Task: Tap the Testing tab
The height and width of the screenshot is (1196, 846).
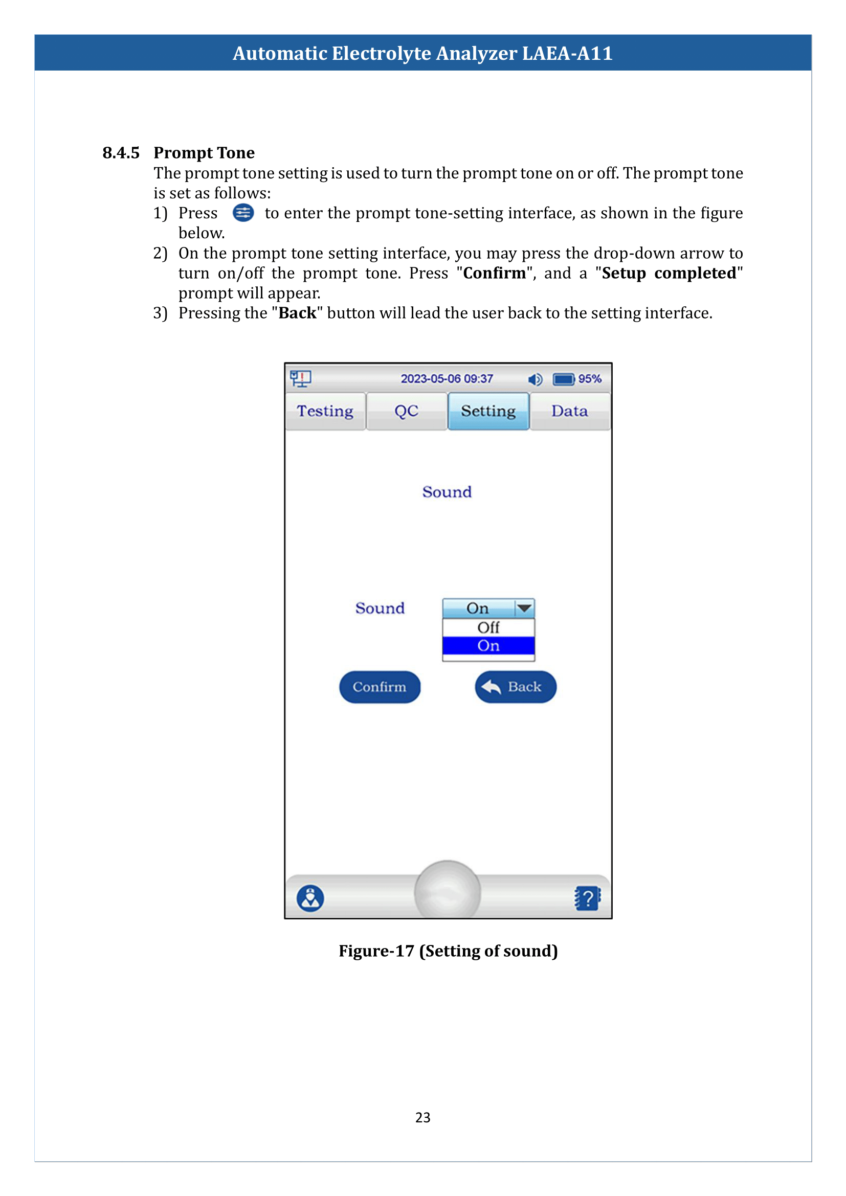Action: tap(325, 411)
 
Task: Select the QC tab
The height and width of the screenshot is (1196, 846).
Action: tap(406, 411)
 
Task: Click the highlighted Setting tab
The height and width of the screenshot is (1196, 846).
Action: tap(488, 411)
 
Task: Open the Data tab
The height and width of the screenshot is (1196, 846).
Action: tap(569, 411)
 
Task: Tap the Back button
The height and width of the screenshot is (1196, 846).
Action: tap(515, 687)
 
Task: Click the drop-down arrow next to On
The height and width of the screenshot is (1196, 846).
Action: tap(524, 608)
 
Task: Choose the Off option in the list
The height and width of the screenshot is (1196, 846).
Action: tap(488, 628)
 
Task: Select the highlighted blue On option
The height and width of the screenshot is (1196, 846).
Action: tap(488, 646)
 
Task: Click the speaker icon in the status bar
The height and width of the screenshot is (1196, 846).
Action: tap(535, 379)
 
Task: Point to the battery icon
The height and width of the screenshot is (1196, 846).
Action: tap(563, 379)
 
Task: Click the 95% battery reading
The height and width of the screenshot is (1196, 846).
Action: tap(590, 379)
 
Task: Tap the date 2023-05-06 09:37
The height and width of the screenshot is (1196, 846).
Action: tap(447, 379)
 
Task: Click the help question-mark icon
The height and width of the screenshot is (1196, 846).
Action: tap(588, 898)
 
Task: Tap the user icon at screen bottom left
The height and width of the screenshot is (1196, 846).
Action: tap(310, 898)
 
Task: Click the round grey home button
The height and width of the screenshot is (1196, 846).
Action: tap(447, 892)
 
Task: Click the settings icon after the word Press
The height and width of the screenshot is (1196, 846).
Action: tap(243, 213)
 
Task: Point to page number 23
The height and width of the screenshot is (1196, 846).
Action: tap(422, 1117)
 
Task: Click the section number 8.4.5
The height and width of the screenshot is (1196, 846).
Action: tap(121, 152)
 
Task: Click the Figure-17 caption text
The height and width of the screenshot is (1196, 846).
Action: tap(448, 951)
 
